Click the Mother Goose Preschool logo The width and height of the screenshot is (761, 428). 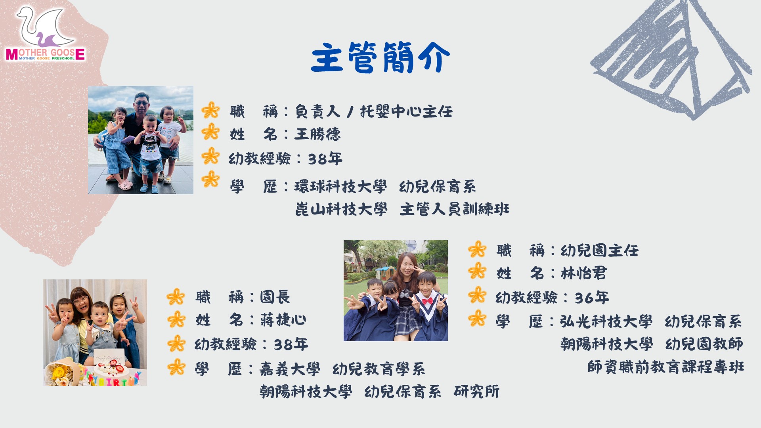coord(45,34)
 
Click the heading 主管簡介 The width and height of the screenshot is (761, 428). coord(380,58)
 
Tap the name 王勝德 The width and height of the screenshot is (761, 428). coord(317,134)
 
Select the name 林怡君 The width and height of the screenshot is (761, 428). coord(583,273)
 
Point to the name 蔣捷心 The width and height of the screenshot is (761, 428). coord(283,320)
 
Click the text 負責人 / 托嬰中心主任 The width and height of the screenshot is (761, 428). coord(373,111)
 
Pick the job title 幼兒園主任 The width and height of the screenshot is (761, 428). coord(599,250)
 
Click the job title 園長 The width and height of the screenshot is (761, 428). coord(275,297)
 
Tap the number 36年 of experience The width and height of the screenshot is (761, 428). coord(592,298)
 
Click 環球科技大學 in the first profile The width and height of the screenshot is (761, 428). coord(340,187)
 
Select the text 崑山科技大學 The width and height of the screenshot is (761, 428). coord(341,209)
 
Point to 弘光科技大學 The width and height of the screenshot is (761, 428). coord(606,321)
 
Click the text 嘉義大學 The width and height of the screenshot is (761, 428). coord(290,369)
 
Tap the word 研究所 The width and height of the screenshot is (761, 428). coord(476,392)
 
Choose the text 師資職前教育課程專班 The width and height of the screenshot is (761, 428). coord(665,367)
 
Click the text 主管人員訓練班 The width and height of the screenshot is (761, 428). coord(455,209)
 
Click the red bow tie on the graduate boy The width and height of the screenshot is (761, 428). coord(427,301)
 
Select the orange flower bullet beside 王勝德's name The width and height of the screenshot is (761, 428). coord(210,132)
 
